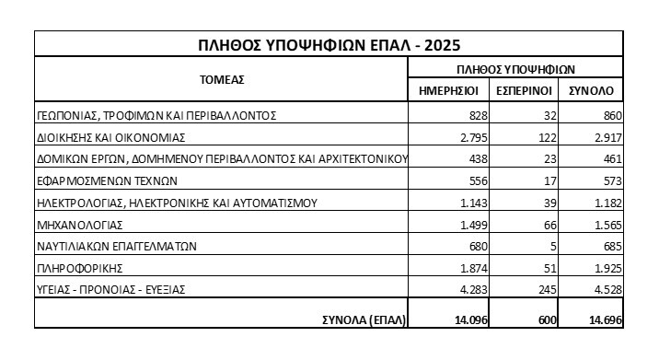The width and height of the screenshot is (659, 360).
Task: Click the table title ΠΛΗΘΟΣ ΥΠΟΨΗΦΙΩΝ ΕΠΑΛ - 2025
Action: pos(329,45)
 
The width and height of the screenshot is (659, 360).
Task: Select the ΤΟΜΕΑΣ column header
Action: pos(222,79)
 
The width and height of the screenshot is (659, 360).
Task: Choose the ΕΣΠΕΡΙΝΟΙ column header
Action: pos(524,90)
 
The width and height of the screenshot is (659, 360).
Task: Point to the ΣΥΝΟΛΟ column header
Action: pos(595,90)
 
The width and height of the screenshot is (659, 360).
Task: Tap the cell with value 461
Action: pos(611,159)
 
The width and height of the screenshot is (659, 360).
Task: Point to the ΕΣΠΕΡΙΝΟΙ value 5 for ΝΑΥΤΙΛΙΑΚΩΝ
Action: pos(549,246)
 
